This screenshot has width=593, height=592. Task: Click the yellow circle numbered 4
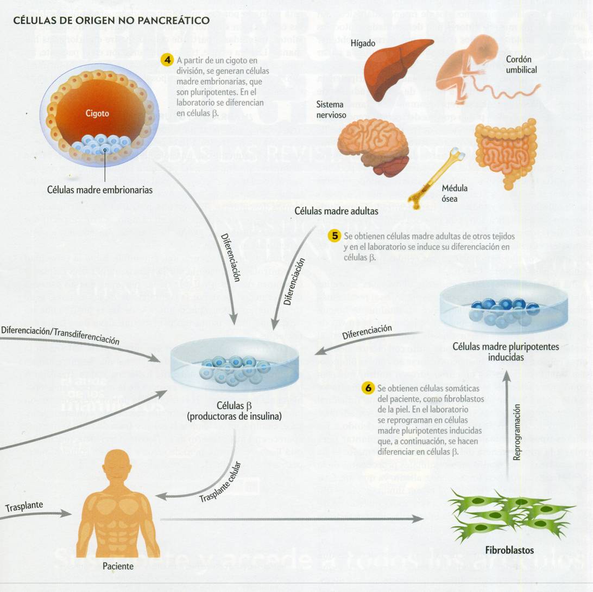167,60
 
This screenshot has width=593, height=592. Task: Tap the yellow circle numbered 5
335,236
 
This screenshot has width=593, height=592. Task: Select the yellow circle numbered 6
368,388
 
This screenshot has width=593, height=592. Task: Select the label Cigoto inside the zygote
97,113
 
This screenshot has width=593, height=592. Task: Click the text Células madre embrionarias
100,190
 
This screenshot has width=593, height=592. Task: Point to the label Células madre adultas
336,211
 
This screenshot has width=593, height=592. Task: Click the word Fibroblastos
509,550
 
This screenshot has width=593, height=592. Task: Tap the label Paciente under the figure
118,566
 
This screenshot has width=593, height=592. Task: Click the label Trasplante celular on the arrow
219,482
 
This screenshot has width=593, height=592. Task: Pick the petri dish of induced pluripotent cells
503,307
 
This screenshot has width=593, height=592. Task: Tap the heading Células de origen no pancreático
111,21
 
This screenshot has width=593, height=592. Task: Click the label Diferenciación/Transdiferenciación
60,335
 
